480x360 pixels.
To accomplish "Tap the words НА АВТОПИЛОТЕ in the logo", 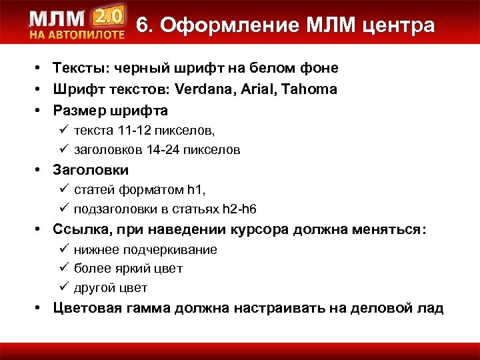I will tap(77, 34).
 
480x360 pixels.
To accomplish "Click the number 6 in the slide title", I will tap(143, 25).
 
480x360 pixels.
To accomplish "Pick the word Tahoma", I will tap(311, 89).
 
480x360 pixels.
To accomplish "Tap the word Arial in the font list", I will tap(263, 89).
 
